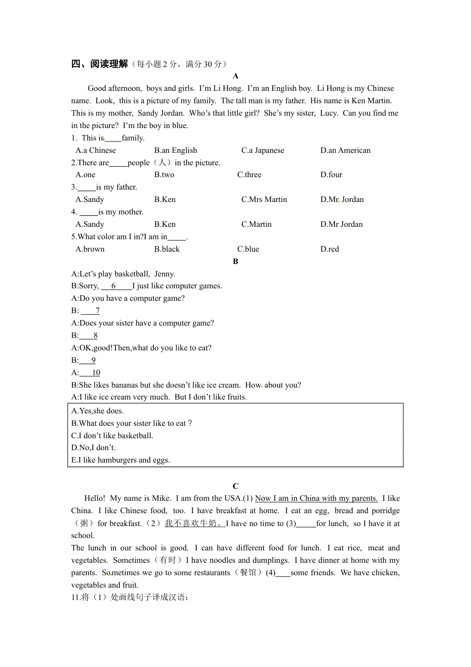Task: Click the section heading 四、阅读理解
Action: coord(100,64)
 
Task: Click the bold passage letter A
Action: coord(235,76)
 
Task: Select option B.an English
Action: coord(176,150)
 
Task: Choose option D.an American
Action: coord(345,150)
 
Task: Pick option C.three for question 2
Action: coord(249,175)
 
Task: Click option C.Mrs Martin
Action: coord(264,200)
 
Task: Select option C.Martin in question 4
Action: coord(256,224)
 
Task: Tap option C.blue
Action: coord(248,249)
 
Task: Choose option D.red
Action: coord(330,249)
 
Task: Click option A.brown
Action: coord(90,249)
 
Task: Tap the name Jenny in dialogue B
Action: coord(165,274)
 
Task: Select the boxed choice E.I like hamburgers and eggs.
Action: coord(120,460)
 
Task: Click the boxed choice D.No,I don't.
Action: coord(93,448)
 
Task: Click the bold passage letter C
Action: coord(235,486)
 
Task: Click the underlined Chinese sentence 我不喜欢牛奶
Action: coord(194,523)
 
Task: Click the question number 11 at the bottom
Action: coord(75,597)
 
